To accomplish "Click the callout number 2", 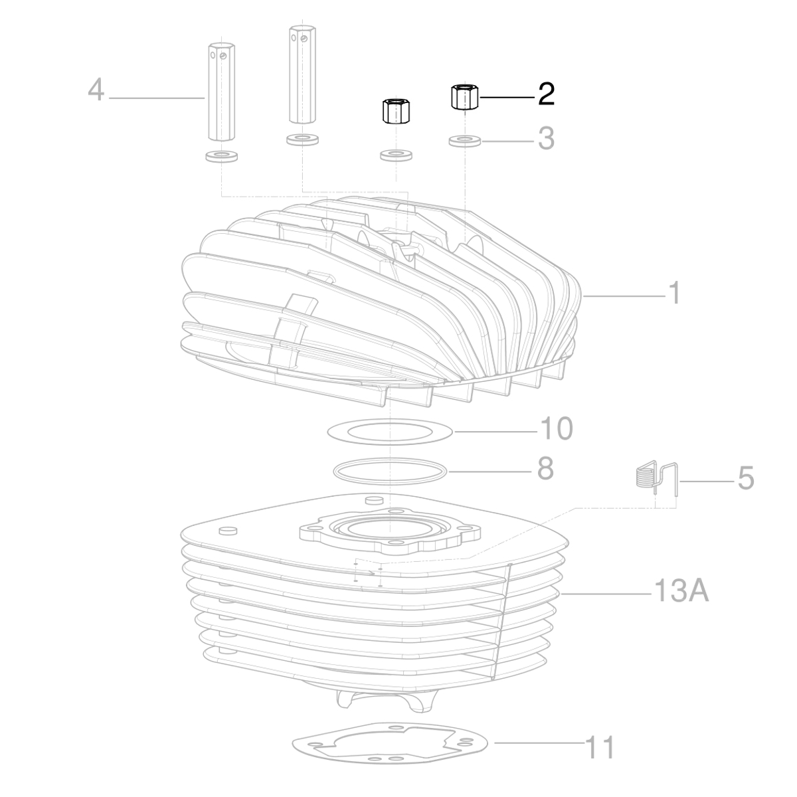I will click(x=546, y=95).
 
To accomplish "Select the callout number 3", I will click(x=545, y=139).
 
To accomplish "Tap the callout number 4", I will click(x=96, y=90).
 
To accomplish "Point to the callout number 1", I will click(x=674, y=292).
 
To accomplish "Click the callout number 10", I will click(x=555, y=428).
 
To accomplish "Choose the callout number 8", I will click(x=545, y=469).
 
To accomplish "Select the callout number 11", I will click(x=599, y=747).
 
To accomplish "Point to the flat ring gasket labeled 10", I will click(x=391, y=431).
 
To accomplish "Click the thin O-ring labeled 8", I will click(x=391, y=470).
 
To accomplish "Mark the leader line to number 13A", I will click(x=604, y=592).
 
